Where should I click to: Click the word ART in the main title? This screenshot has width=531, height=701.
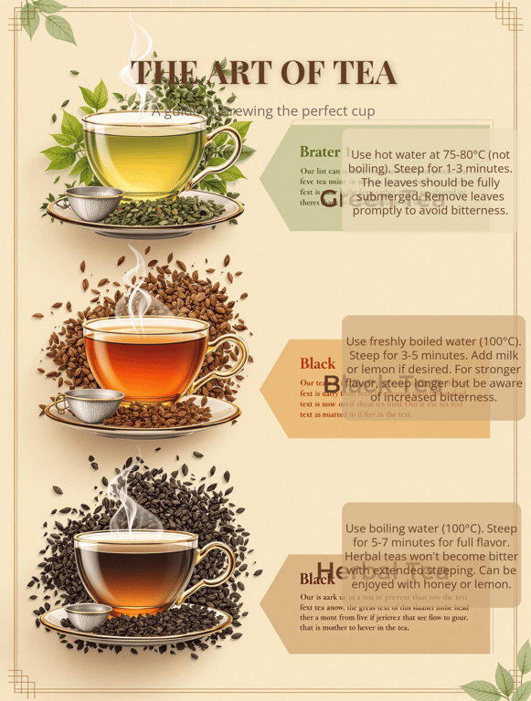click(x=248, y=73)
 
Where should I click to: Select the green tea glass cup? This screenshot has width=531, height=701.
click(x=144, y=152)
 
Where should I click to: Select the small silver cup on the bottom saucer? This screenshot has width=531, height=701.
click(x=90, y=616)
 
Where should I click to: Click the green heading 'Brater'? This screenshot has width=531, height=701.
click(x=319, y=152)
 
